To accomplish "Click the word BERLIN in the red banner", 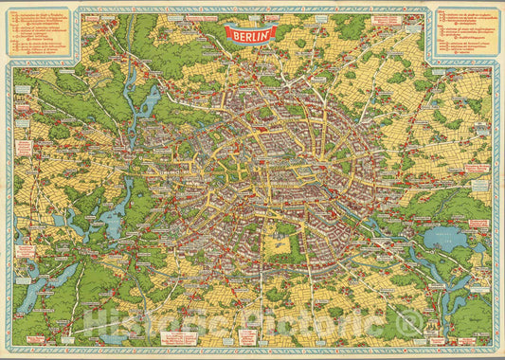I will [251, 33].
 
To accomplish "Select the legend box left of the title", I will [41, 35].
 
